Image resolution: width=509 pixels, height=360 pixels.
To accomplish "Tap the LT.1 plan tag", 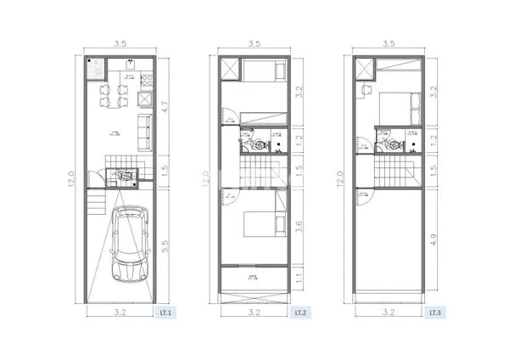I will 165,312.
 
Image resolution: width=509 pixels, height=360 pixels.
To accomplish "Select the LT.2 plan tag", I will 300,312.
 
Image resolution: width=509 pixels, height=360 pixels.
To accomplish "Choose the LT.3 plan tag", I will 434,312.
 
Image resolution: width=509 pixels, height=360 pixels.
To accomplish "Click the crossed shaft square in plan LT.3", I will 364,69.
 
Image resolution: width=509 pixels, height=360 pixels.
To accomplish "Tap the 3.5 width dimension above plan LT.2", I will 254,42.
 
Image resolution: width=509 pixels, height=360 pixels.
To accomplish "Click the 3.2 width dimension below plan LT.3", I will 389,312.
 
